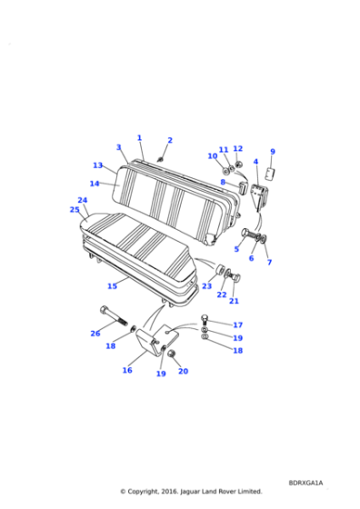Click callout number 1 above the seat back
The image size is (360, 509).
[x=139, y=138]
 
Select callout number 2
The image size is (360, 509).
[x=169, y=141]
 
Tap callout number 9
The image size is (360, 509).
[x=272, y=152]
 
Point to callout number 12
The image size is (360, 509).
[x=238, y=149]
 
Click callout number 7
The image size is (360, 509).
[x=269, y=262]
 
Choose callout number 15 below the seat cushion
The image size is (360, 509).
[x=112, y=285]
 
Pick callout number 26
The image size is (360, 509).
[x=95, y=334]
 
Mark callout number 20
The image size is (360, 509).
[x=183, y=371]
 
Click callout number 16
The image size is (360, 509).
[x=127, y=370]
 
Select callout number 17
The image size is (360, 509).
[x=238, y=324]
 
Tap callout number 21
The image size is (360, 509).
[x=234, y=301]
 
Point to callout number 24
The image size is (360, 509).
[x=83, y=200]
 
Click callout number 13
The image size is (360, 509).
[x=97, y=165]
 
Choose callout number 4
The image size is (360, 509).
[x=255, y=162]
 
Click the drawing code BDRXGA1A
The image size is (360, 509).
[x=306, y=483]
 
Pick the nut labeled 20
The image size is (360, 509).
[x=171, y=353]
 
